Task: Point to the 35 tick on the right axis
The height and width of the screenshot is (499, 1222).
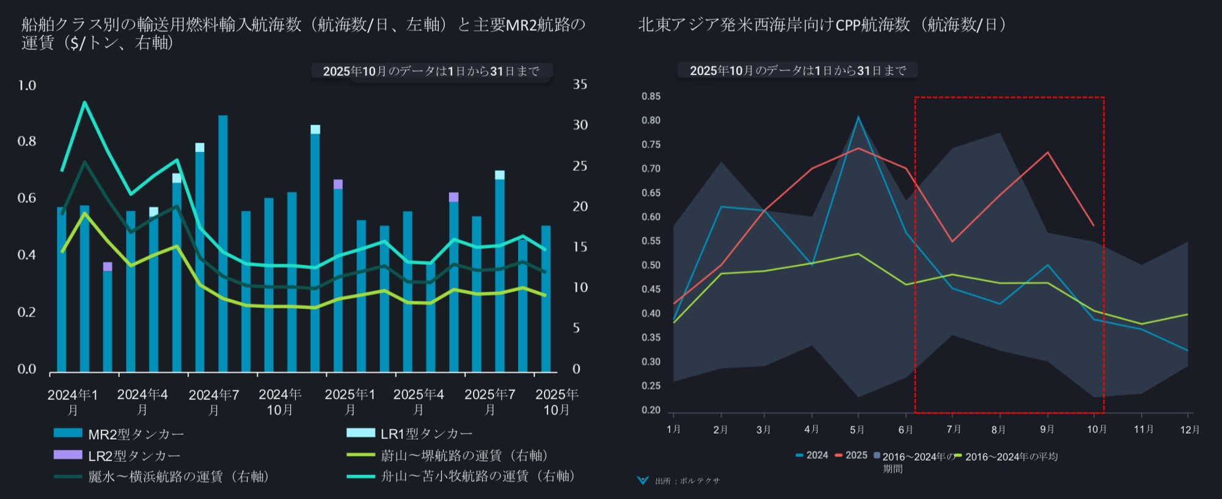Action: point(579,85)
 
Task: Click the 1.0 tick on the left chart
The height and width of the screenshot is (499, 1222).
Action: point(27,86)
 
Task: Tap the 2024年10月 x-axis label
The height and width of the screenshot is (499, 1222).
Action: point(280,402)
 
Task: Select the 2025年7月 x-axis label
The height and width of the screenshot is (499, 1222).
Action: point(489,402)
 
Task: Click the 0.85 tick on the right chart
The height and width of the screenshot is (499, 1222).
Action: point(651,97)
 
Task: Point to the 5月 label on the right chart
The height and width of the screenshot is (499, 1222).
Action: point(857,430)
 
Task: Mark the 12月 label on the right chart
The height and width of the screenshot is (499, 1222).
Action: point(1190,430)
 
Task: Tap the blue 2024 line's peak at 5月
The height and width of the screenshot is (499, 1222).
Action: point(858,117)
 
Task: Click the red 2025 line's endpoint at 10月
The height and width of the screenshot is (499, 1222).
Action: point(1094,225)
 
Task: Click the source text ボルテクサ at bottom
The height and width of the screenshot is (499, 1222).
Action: point(687,481)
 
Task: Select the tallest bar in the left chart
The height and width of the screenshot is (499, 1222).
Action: point(223,244)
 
